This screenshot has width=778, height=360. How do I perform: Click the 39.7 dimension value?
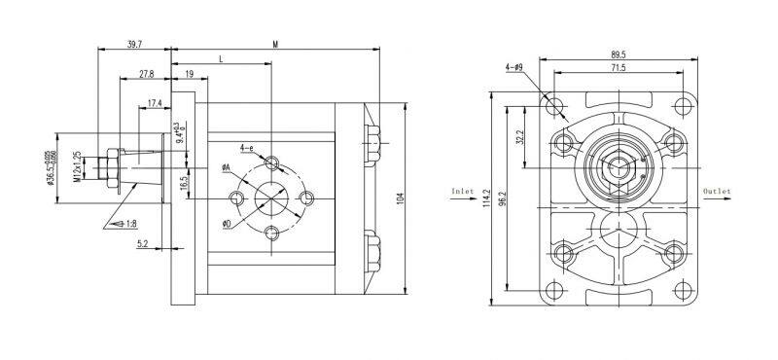[x=134, y=43]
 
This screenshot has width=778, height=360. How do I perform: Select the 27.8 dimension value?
[x=146, y=74]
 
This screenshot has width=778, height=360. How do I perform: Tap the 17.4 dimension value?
[x=155, y=103]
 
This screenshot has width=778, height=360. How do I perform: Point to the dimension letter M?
[x=275, y=44]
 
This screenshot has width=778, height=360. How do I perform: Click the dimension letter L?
[x=221, y=59]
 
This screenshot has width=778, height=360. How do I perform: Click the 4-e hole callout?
[x=249, y=148]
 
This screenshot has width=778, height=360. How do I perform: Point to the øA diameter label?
[x=225, y=168]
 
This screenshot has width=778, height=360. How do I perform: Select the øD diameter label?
[x=226, y=224]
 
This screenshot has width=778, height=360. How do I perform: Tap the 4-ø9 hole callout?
[x=514, y=67]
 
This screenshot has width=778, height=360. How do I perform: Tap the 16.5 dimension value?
[x=184, y=182]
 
